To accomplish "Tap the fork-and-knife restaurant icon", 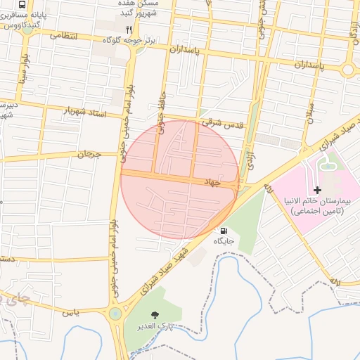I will click(128, 29).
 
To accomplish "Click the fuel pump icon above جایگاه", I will click(224, 231).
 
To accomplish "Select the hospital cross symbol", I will click(317, 190).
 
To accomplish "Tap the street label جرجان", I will click(90, 153).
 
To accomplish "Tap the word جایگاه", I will click(224, 241).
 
